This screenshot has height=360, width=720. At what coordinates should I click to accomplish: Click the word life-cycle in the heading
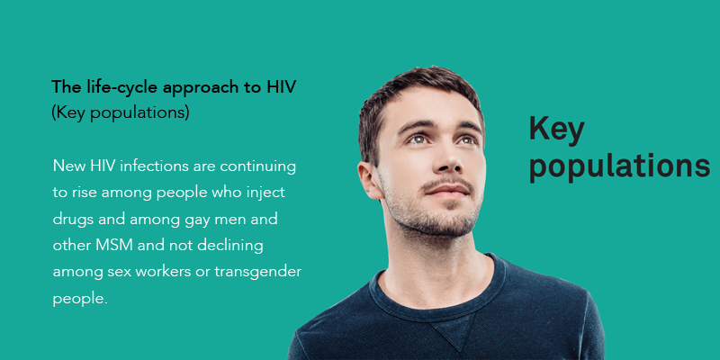tap(122, 86)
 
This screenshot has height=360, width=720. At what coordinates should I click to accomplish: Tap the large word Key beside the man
tap(556, 130)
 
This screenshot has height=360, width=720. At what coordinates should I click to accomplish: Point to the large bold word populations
tap(619, 167)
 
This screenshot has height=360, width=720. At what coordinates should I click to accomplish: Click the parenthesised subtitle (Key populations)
tap(121, 113)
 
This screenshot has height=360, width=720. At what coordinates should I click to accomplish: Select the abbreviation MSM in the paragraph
tap(114, 246)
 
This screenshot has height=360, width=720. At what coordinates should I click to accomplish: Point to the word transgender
tap(257, 273)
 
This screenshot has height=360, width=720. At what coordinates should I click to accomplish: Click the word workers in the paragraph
tap(166, 273)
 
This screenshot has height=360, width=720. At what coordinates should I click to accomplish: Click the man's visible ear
tap(369, 180)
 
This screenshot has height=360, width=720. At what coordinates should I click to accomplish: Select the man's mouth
tap(448, 190)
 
